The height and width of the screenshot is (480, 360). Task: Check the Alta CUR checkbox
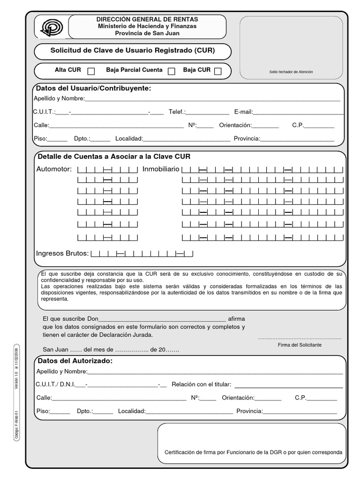[91, 71]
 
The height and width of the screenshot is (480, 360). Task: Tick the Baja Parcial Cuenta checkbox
[172, 71]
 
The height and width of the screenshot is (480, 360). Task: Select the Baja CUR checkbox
[218, 71]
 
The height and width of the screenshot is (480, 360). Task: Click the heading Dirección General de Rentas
[147, 19]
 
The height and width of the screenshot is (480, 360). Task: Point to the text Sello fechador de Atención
[291, 72]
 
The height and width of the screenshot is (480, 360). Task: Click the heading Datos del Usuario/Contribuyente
[94, 89]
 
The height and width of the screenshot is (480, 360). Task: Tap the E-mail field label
[243, 112]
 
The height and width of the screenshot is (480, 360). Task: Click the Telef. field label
[177, 112]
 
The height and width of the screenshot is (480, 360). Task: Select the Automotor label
[54, 169]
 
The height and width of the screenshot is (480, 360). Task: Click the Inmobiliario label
[161, 169]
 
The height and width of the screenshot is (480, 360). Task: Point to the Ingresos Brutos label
[62, 254]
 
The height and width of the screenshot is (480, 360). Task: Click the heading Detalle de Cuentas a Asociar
[113, 157]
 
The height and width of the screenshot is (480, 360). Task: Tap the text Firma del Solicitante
[300, 345]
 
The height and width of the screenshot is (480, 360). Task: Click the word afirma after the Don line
[237, 319]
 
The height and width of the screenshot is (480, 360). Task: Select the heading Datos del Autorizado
[75, 361]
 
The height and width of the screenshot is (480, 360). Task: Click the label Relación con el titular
[202, 384]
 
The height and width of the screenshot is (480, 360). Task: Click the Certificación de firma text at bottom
[253, 452]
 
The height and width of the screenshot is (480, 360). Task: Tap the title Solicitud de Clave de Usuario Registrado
[133, 50]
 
